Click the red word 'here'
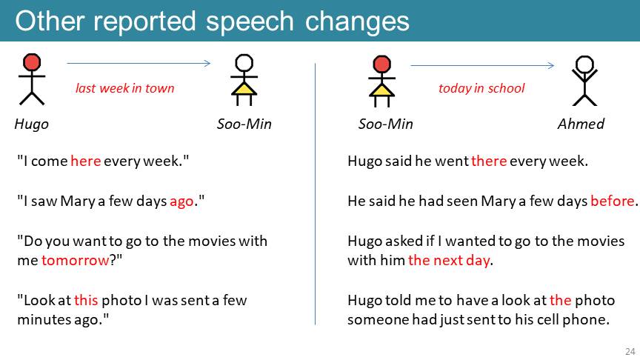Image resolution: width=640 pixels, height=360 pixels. click(86, 161)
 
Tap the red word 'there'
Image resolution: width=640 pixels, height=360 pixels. click(489, 161)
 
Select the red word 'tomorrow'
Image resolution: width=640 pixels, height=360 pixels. click(76, 261)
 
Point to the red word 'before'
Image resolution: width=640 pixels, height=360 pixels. click(613, 201)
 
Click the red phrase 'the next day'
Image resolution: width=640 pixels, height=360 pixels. click(449, 261)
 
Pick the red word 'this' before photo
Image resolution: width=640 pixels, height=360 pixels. click(86, 301)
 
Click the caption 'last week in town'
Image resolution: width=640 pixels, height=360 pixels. click(125, 88)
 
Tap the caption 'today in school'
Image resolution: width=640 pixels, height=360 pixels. click(481, 88)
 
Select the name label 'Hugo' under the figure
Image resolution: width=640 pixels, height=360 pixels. click(31, 124)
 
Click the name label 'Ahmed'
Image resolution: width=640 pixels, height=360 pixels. click(581, 124)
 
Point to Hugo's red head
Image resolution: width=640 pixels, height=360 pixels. click(32, 62)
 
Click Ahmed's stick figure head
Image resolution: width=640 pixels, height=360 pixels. click(584, 64)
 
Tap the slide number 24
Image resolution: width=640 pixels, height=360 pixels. click(630, 351)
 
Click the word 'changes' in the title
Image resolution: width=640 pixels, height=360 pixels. click(357, 21)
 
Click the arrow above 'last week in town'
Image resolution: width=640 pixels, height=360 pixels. click(139, 63)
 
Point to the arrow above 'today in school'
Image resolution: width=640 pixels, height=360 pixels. click(482, 65)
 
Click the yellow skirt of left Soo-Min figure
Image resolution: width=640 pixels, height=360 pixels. click(244, 89)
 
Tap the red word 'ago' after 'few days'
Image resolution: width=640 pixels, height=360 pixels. click(181, 201)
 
